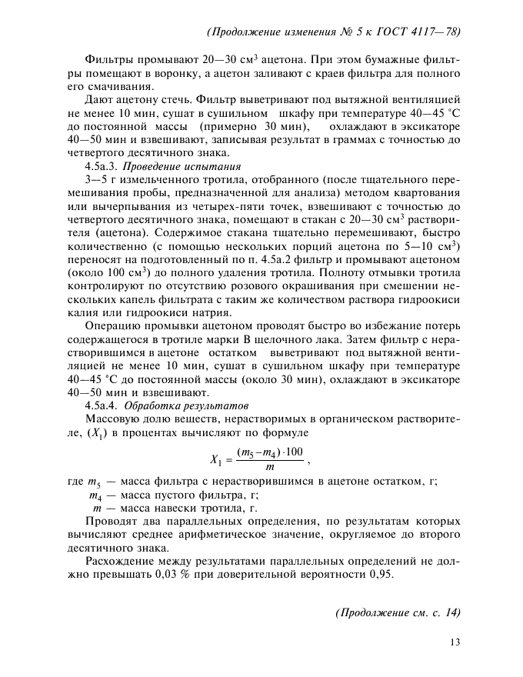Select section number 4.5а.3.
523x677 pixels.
pyautogui.click(x=100, y=165)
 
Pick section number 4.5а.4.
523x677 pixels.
pyautogui.click(x=101, y=405)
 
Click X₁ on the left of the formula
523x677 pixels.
pyautogui.click(x=216, y=460)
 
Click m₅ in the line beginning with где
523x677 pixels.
pyautogui.click(x=96, y=482)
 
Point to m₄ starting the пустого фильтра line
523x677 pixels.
pyautogui.click(x=96, y=495)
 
